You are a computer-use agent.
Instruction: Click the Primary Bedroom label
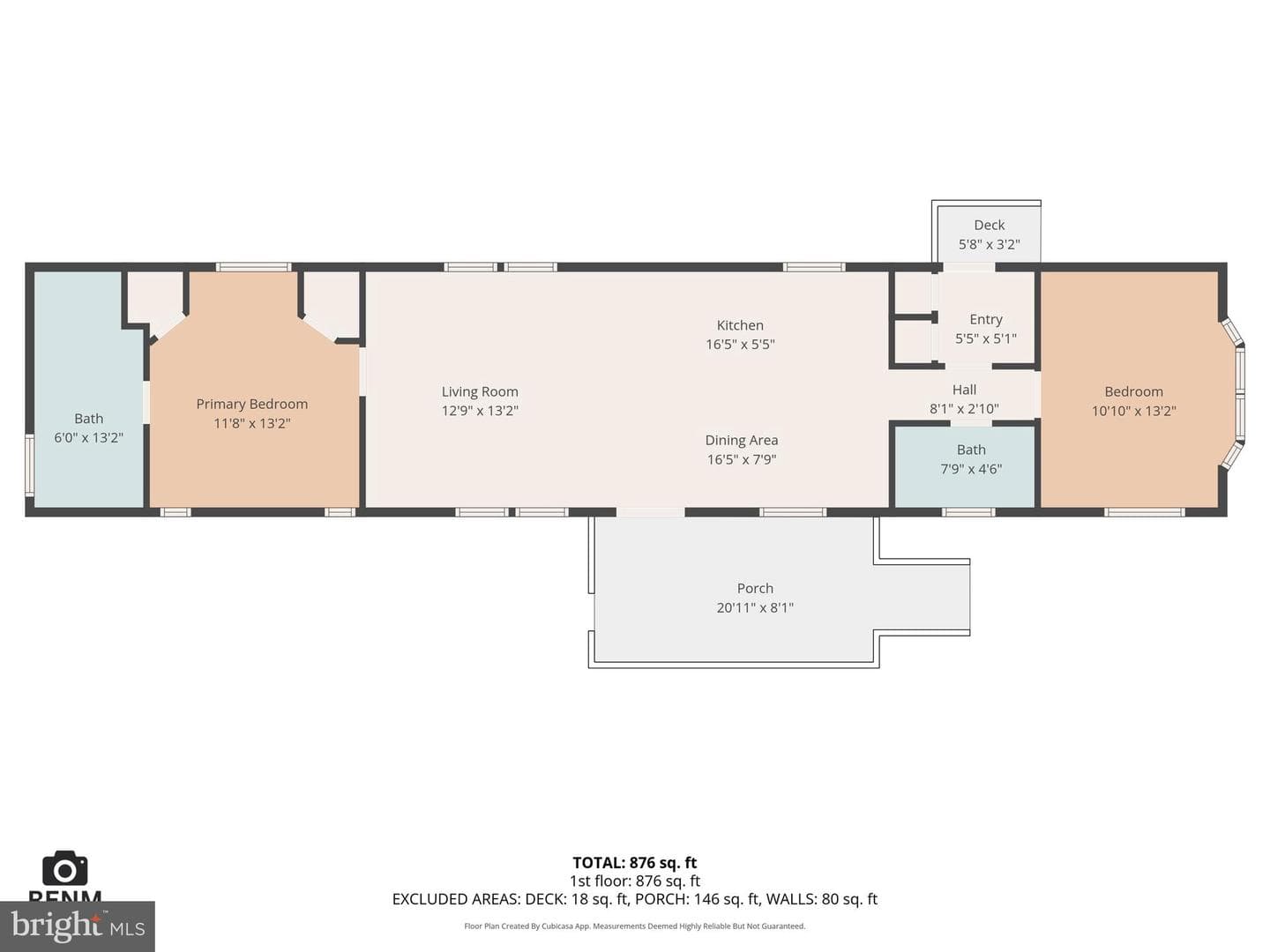coord(251,404)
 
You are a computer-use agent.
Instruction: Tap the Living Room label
coord(480,391)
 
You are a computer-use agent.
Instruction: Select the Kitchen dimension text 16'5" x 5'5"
coord(740,345)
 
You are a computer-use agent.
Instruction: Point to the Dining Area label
coord(741,441)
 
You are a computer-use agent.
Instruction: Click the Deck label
coord(989,225)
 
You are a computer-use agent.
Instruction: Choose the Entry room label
coord(986,320)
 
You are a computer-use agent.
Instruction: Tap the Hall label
coord(964,390)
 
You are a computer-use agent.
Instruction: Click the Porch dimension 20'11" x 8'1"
coord(754,607)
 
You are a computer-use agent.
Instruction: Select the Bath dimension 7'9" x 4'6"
coord(971,469)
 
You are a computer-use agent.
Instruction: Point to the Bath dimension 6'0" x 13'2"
coord(88,437)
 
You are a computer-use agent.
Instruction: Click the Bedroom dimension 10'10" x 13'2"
coord(1133,411)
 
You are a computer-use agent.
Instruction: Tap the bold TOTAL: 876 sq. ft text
coord(635,863)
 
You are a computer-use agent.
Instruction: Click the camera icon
coord(64,868)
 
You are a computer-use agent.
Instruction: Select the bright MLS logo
coord(77,926)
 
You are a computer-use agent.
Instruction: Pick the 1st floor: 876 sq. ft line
coord(635,881)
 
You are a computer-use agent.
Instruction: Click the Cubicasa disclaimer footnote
coord(635,926)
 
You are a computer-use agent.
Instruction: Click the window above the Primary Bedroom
coord(253,267)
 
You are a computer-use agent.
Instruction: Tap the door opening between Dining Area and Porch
coord(650,512)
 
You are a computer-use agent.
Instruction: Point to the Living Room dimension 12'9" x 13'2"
coord(480,411)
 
